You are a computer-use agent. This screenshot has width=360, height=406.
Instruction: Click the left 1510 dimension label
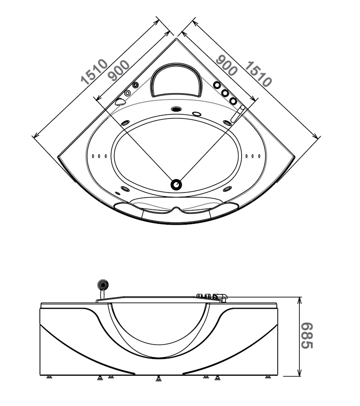(94, 72)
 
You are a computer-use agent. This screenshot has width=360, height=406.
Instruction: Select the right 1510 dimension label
(258, 74)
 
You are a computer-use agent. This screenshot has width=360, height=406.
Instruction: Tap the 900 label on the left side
(119, 71)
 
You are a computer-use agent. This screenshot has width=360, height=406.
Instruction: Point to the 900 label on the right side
(226, 65)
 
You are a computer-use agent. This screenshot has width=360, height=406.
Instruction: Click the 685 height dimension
(307, 335)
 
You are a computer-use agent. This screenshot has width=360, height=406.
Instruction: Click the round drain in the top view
(176, 185)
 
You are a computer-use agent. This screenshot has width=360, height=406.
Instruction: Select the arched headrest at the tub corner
(176, 80)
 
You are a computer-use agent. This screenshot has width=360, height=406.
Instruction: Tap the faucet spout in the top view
(238, 113)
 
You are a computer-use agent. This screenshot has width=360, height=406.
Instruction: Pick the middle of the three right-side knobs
(225, 93)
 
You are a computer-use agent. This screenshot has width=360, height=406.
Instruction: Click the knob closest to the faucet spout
(233, 101)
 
